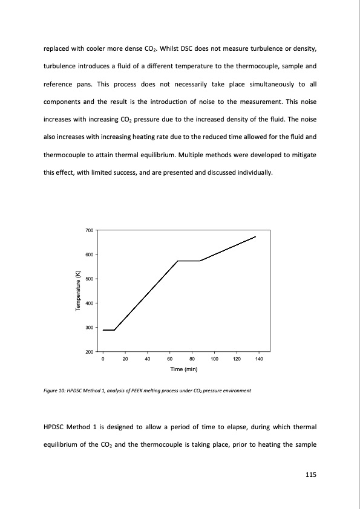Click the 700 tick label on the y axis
(90, 230)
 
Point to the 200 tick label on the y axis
(90, 352)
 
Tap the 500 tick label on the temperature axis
(90, 279)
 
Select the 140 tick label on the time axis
(259, 360)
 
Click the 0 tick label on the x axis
(103, 360)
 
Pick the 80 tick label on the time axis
(192, 360)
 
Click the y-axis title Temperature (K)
(77, 291)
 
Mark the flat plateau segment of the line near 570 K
(188, 261)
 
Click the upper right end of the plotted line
(256, 237)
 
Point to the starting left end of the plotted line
(103, 330)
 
